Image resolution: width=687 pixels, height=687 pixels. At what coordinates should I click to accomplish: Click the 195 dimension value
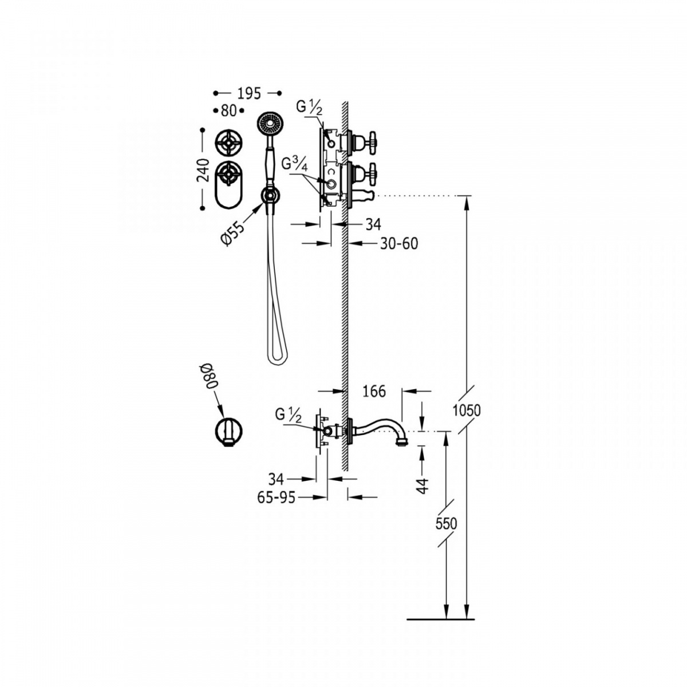pos(250,93)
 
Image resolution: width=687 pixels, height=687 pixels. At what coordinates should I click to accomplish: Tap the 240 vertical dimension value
pos(204,171)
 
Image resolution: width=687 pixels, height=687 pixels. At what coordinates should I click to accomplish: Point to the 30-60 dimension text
pos(398,244)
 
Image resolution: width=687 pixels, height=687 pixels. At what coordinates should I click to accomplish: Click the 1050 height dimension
pos(467,410)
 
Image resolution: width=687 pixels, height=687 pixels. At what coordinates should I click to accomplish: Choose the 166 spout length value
pos(374,392)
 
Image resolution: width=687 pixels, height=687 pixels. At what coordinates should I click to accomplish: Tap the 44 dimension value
pos(423,486)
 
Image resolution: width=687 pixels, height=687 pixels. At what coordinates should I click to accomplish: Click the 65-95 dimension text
pos(277,498)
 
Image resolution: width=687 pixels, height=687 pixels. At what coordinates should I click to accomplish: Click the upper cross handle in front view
pos(229,143)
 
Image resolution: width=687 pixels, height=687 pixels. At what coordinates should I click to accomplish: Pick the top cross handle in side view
pos(372,142)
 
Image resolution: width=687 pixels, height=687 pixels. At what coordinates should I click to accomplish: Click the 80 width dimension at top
pos(228,111)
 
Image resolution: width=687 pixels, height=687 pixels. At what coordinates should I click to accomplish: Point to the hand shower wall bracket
pos(270,196)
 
